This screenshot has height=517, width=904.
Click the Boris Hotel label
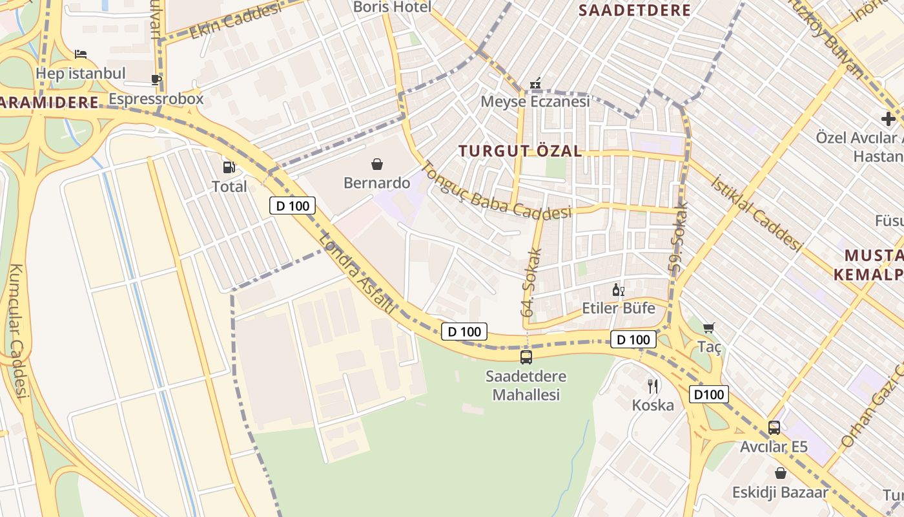tap(392, 7)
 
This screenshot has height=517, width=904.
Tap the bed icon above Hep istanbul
tap(81, 54)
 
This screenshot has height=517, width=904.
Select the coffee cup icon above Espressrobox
tap(156, 79)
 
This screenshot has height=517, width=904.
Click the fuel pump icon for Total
tap(229, 167)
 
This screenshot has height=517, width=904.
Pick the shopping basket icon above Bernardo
tap(377, 164)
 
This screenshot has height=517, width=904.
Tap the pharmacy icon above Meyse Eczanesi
tap(535, 83)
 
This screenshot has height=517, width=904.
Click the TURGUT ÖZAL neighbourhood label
tap(520, 151)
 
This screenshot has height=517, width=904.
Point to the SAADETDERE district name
tap(634, 10)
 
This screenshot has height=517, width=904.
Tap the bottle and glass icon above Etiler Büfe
tap(619, 290)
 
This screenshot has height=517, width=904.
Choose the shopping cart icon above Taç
tap(709, 328)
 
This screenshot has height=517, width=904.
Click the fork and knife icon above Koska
tap(653, 386)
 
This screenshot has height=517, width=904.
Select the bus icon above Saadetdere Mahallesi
tap(526, 357)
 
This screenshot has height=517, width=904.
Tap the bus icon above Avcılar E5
tap(774, 427)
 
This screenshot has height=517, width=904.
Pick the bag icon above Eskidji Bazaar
tap(780, 473)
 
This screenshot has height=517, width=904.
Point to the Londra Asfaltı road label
tap(357, 273)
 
